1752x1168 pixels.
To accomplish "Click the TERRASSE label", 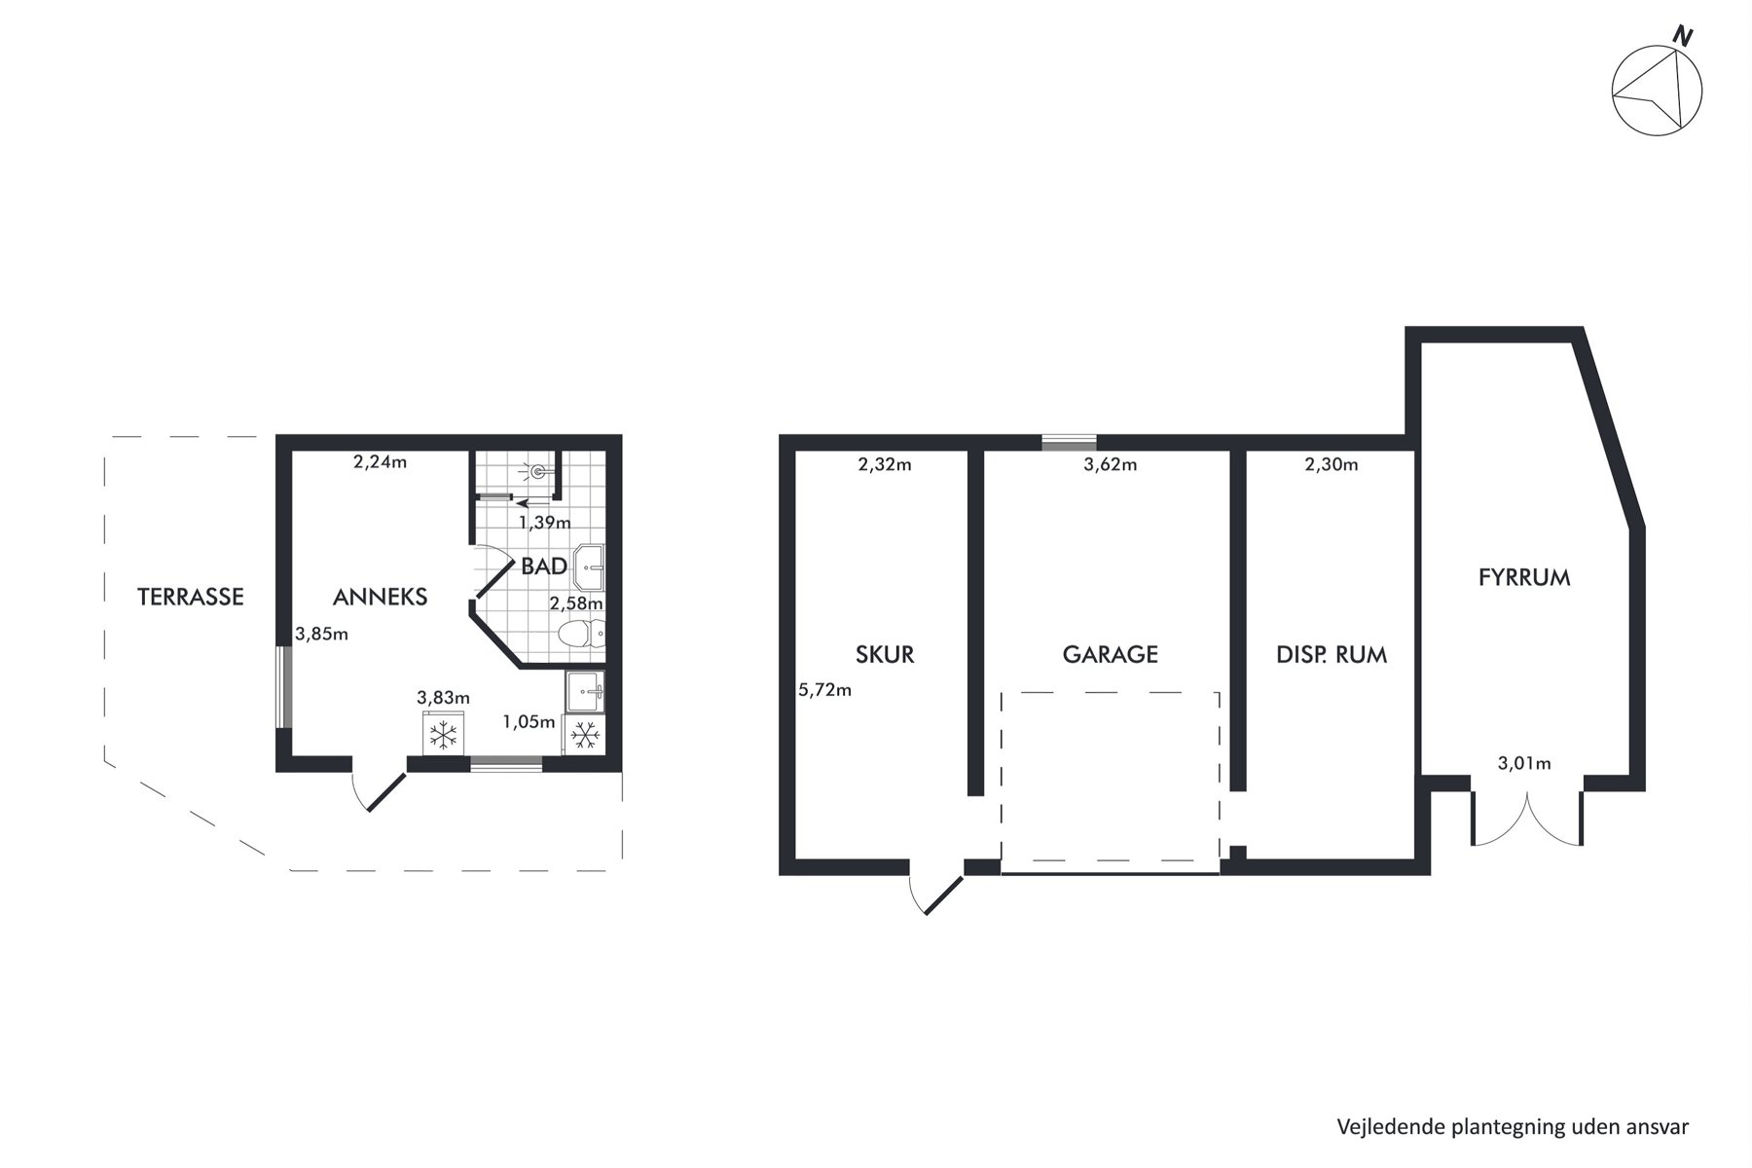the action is pyautogui.click(x=191, y=597).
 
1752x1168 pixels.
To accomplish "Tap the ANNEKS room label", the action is pyautogui.click(x=380, y=597).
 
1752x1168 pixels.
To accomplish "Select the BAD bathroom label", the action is pyautogui.click(x=544, y=566).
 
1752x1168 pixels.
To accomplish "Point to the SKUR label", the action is pyautogui.click(x=885, y=654).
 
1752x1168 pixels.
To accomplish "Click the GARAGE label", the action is pyautogui.click(x=1111, y=654).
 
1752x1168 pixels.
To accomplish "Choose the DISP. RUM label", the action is pyautogui.click(x=1332, y=654).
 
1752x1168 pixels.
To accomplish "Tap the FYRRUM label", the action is pyautogui.click(x=1524, y=577).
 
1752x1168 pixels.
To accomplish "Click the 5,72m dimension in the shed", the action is pyautogui.click(x=825, y=690).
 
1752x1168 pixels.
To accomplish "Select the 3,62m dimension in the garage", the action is pyautogui.click(x=1111, y=465).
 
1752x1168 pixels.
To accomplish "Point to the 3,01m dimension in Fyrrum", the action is pyautogui.click(x=1524, y=763).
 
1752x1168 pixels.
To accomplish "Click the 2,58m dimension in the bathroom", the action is pyautogui.click(x=576, y=603).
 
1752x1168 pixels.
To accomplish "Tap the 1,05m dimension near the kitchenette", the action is pyautogui.click(x=529, y=722).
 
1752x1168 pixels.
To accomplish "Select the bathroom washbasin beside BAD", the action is pyautogui.click(x=590, y=567).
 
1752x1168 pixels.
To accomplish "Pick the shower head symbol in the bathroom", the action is pyautogui.click(x=538, y=472).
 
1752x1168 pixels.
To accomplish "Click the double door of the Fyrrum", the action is pyautogui.click(x=1526, y=818).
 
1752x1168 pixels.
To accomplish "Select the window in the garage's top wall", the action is pyautogui.click(x=1069, y=442).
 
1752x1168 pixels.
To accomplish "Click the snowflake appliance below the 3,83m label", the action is pyautogui.click(x=444, y=734).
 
